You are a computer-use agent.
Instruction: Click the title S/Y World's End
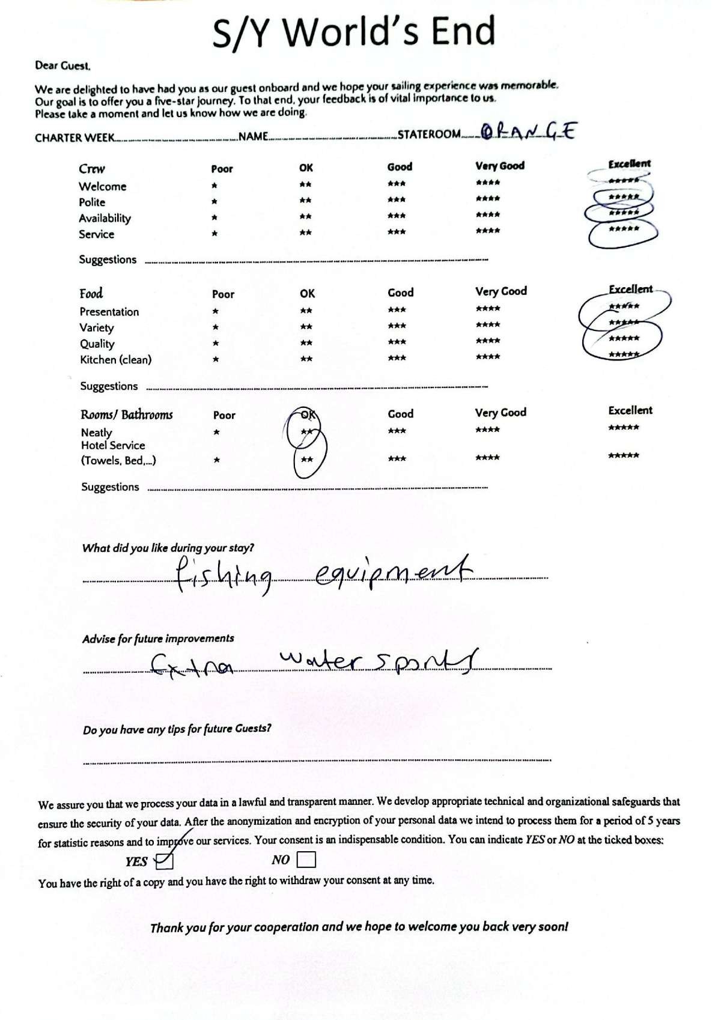point(354,31)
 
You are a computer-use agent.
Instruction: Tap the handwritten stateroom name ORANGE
point(529,131)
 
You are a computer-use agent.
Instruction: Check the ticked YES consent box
point(164,861)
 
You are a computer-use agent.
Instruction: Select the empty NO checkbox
point(306,860)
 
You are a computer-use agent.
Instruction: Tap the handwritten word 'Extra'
point(192,665)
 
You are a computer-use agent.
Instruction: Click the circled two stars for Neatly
point(306,431)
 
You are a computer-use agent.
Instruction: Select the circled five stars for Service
point(624,229)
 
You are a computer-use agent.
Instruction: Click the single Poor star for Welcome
point(214,186)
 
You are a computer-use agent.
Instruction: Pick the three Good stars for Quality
point(397,342)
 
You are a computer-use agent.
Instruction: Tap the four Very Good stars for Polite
point(487,199)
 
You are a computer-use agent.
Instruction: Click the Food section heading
point(91,294)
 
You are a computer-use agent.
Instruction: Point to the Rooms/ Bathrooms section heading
point(127,415)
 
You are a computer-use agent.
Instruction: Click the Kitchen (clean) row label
point(116,360)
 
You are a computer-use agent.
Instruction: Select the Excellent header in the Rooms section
point(630,411)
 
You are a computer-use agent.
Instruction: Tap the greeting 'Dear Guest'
point(63,65)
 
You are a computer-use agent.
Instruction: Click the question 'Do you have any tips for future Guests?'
point(177,729)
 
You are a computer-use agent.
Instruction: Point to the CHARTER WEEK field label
point(75,138)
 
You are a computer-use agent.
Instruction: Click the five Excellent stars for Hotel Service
point(624,456)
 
